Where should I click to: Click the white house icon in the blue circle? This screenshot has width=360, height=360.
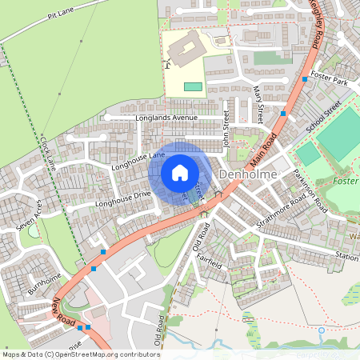point(180,173)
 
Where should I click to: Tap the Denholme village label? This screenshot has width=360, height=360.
point(247,174)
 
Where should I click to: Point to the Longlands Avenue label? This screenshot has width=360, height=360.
point(166,118)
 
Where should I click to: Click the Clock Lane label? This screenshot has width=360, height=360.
point(46,151)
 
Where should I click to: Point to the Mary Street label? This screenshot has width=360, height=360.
point(258,105)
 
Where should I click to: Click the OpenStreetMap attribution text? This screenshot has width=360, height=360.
point(80,354)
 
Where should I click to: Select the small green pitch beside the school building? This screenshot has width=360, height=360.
point(193,86)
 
